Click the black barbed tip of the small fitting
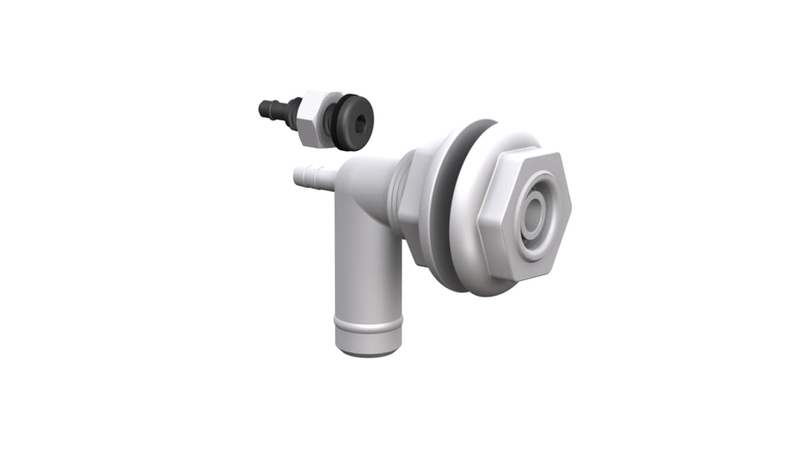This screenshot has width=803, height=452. tap(269, 108)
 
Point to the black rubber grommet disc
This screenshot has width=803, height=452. tap(353, 122)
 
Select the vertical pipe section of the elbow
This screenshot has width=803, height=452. tap(367, 271)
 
